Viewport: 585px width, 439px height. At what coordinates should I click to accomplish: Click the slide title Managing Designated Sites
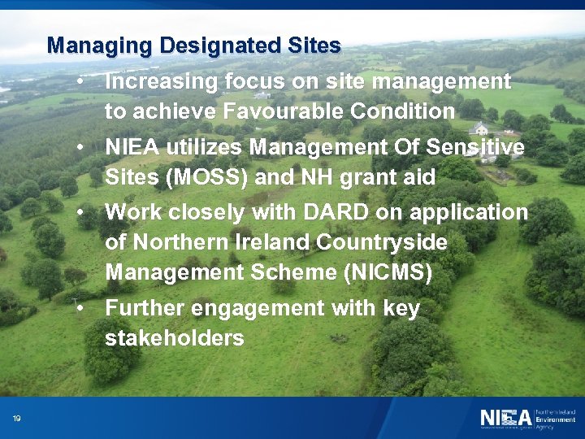(x=193, y=46)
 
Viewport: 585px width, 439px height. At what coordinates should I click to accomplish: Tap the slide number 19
(x=16, y=419)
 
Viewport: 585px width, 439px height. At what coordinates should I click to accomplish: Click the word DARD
(x=329, y=212)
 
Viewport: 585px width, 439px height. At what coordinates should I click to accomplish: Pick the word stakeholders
(x=174, y=338)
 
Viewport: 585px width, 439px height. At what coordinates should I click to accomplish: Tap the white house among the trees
(x=479, y=128)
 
